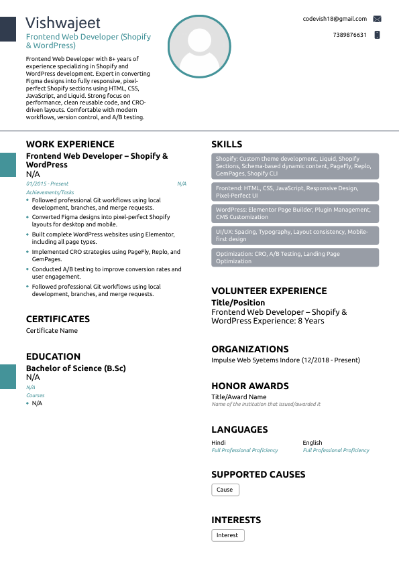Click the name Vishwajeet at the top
coord(63,23)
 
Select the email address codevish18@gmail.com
coord(335,19)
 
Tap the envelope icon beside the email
coord(377,19)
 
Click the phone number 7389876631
coord(349,35)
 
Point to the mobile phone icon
coord(377,35)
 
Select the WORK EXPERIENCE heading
coord(70,144)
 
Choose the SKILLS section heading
coord(227,144)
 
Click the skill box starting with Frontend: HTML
coord(295,192)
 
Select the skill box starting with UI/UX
coord(295,235)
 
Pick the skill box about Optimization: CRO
coord(295,257)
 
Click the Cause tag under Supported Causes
coord(225,490)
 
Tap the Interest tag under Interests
coord(227,535)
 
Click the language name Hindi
coord(219,443)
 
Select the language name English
coord(312,443)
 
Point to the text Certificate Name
coord(52,331)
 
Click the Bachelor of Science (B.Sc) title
coord(76,368)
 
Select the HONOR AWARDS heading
coord(250,386)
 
